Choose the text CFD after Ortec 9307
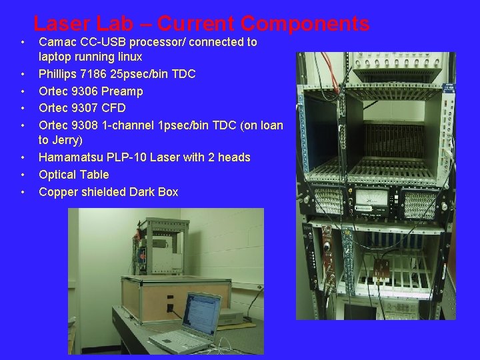114,108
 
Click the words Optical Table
73,175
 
